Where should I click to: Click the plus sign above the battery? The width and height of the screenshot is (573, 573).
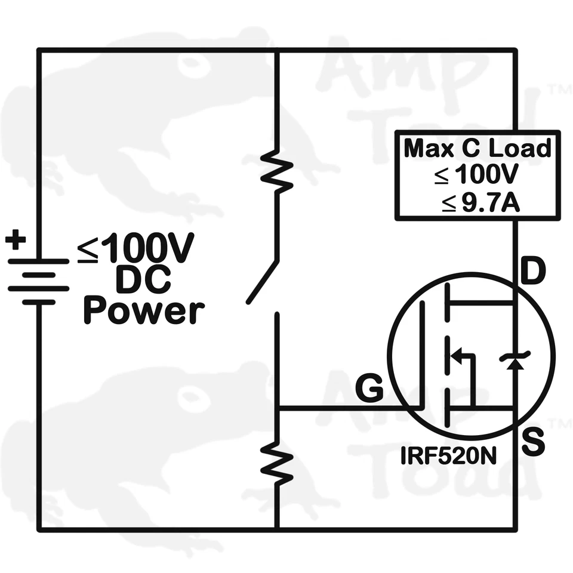16,241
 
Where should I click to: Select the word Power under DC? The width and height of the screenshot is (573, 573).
144,311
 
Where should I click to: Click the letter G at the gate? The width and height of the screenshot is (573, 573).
369,389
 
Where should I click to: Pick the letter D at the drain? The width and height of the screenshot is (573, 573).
532,273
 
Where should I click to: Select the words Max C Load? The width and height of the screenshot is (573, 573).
477,148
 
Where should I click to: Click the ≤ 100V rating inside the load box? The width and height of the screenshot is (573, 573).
477,176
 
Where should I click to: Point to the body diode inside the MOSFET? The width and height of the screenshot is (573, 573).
515,359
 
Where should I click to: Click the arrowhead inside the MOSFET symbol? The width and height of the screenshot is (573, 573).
457,356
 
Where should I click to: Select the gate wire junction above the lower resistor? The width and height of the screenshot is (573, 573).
278,409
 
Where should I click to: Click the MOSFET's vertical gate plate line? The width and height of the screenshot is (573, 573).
423,355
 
